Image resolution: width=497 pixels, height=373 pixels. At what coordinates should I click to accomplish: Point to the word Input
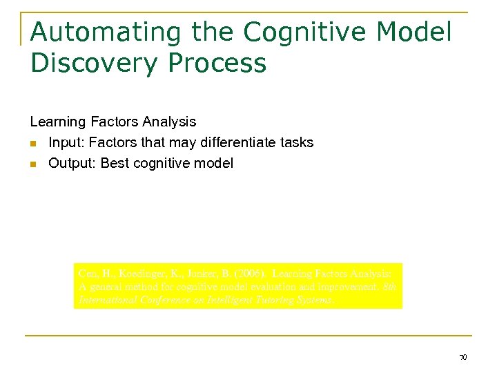tap(66, 143)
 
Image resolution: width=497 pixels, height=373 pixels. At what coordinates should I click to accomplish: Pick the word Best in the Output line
tap(115, 164)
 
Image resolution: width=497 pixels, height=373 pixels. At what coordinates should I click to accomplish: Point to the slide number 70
tap(463, 357)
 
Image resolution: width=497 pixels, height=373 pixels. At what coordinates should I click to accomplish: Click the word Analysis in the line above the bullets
tap(171, 122)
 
